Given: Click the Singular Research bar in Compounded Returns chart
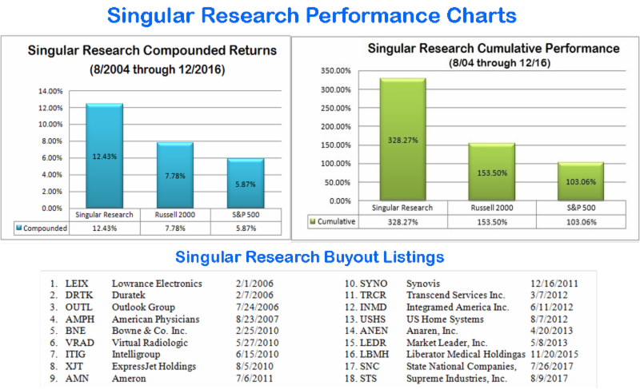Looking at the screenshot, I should coord(105,156).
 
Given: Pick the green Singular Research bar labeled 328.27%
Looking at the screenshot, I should coord(402,140).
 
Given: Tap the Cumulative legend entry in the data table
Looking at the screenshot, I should coord(333,220).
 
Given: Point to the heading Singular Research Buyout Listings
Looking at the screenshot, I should coord(320,257).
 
